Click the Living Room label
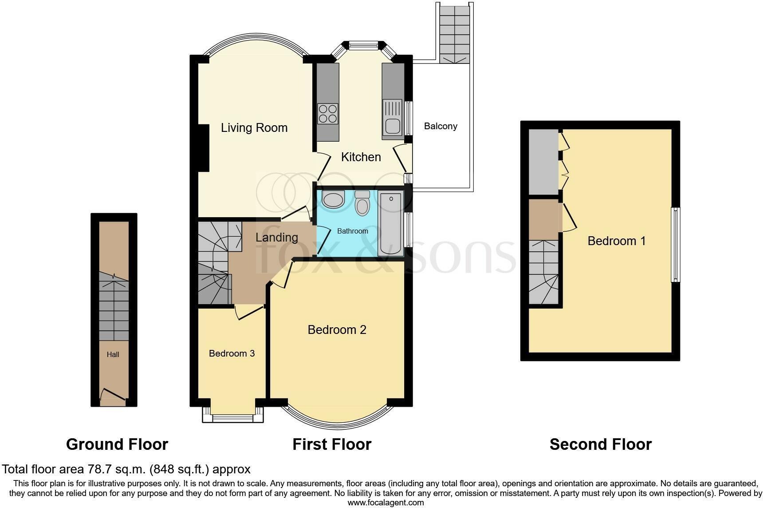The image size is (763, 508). click(254, 128)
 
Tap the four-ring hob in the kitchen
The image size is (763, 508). click(328, 113)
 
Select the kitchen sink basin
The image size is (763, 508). click(393, 127)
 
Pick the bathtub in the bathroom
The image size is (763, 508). click(390, 224)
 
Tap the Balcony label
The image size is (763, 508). click(440, 126)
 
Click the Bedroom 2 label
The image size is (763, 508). click(337, 329)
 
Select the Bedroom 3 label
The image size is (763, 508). click(232, 353)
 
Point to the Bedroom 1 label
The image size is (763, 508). click(617, 241)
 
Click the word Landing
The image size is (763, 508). click(277, 238)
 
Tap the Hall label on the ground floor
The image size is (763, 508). click(113, 354)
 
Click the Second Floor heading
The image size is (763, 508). click(601, 444)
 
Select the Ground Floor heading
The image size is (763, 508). click(117, 444)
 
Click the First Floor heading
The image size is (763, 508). click(332, 444)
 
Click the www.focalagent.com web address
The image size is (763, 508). click(385, 503)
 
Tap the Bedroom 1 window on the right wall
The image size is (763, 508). click(676, 245)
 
